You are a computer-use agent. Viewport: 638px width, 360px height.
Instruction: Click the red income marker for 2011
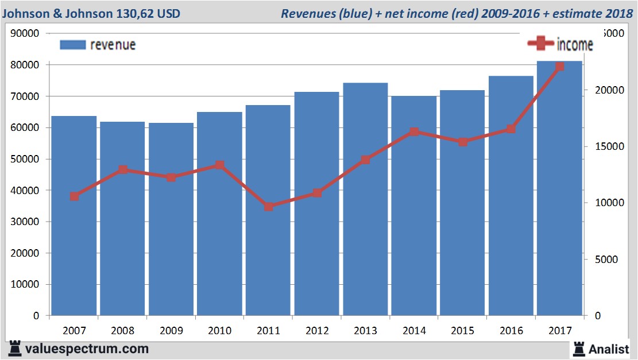(269, 207)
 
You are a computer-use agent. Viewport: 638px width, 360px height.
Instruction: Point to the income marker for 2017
(560, 67)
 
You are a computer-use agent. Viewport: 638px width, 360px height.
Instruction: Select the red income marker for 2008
(123, 170)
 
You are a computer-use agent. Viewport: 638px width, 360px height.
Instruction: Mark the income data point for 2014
(415, 132)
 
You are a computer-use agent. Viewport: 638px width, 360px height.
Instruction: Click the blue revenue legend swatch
(72, 45)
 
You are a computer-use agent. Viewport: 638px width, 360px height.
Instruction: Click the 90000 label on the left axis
(25, 33)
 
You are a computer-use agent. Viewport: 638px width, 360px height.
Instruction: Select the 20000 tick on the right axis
(604, 90)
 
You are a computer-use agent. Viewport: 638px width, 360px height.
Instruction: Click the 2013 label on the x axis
(365, 331)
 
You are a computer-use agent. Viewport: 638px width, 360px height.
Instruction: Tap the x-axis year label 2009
(171, 331)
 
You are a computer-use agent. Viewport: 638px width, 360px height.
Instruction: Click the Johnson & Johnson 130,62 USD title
(91, 13)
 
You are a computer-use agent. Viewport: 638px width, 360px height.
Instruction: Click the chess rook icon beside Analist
(579, 349)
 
